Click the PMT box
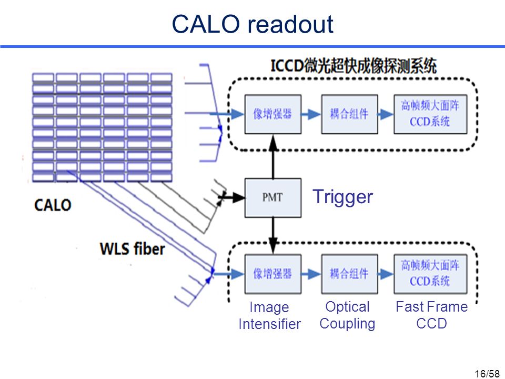[273, 197]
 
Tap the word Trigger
[342, 197]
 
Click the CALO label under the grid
[53, 205]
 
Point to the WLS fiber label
[133, 249]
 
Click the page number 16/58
[487, 374]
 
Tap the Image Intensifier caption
[269, 315]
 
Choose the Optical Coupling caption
[347, 315]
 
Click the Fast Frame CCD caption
[431, 315]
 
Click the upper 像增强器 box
[273, 114]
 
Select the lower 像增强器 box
[273, 274]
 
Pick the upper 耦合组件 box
[349, 114]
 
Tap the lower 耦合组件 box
[349, 274]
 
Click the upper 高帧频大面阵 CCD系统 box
[430, 114]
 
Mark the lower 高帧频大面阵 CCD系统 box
[430, 274]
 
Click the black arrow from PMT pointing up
[273, 157]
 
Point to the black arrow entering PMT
[231, 197]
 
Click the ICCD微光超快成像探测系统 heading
[353, 66]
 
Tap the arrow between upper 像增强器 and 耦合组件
[311, 114]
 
